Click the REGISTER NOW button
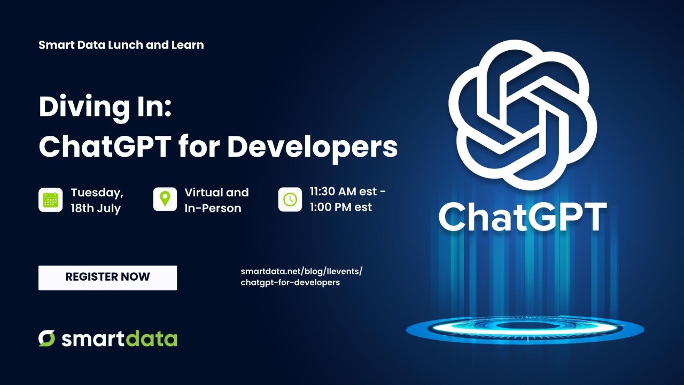point(107,278)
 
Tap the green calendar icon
point(50,199)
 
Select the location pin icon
point(165,199)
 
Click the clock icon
point(290,199)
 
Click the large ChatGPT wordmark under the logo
point(523,217)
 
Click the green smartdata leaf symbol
point(46,338)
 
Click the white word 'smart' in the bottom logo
point(91,339)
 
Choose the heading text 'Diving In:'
point(105,107)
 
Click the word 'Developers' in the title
point(312,146)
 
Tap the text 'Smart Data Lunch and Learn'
point(121,45)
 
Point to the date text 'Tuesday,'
point(97,192)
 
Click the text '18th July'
point(96,209)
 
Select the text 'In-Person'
point(213,209)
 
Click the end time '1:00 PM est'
point(341,207)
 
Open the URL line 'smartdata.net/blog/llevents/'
point(301,271)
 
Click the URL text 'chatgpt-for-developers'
point(290,282)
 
